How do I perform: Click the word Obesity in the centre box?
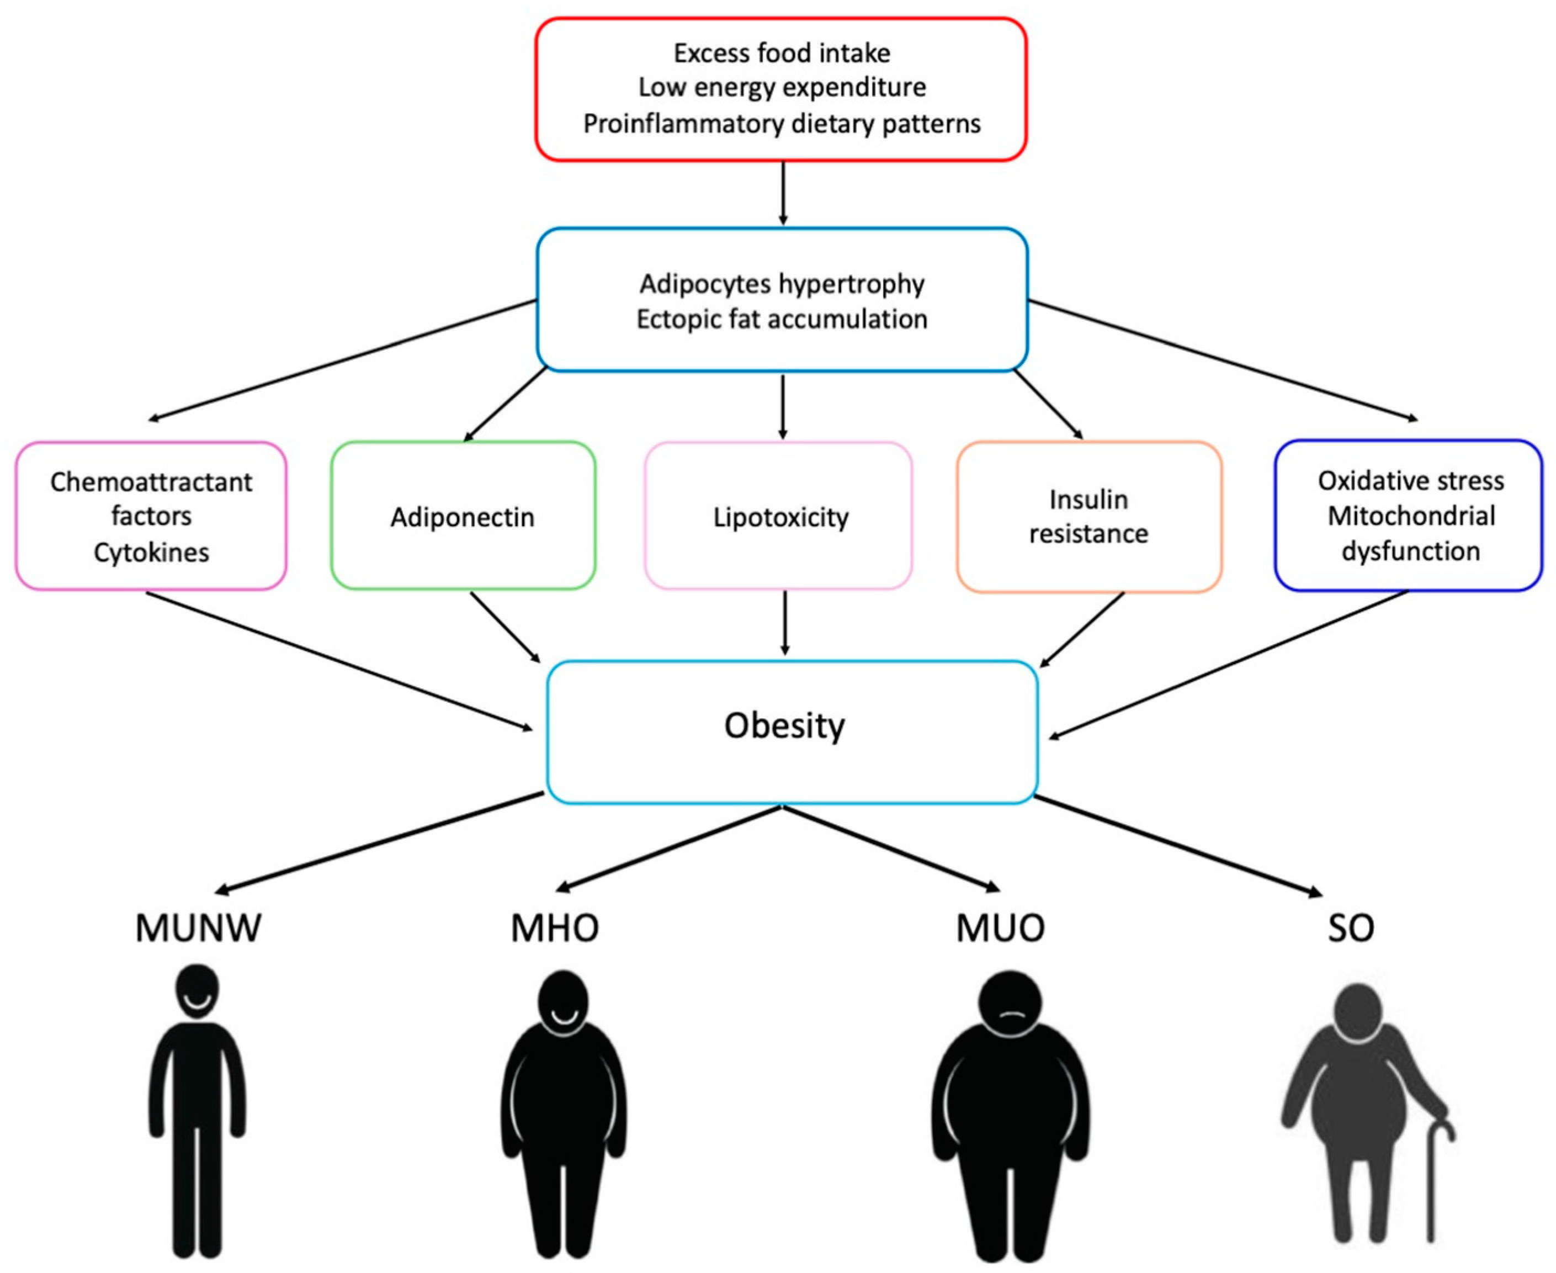coord(784,726)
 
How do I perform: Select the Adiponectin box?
coord(462,516)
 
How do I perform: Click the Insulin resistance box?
coord(1088,516)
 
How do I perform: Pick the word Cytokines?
coord(151,552)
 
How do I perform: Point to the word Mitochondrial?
coord(1411,516)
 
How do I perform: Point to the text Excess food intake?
coord(782,53)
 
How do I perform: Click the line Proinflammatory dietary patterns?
coord(782,123)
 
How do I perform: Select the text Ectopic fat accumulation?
coord(782,319)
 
